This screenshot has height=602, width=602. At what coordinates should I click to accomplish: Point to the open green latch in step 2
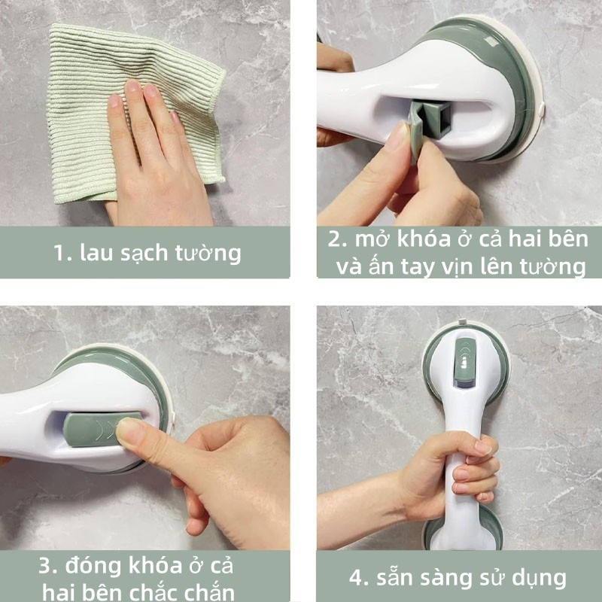428,123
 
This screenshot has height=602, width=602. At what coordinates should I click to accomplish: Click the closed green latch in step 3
101,429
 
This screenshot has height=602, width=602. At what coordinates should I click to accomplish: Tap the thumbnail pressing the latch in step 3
129,429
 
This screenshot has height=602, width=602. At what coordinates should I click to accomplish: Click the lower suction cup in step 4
463,530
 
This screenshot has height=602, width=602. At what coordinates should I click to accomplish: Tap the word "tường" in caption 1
208,254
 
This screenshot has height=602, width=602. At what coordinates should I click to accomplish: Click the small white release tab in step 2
541,110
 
